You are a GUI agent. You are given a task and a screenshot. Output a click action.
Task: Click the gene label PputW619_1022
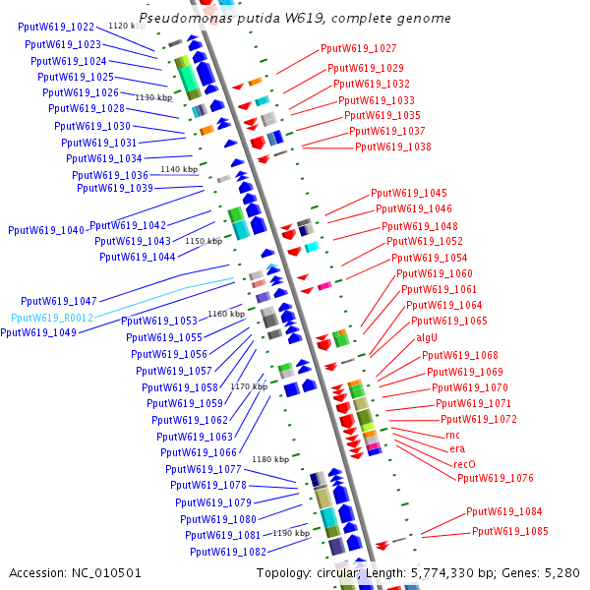click(56, 28)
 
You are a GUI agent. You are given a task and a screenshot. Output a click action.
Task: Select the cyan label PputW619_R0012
click(52, 318)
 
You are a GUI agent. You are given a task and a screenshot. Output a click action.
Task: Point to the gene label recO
click(464, 463)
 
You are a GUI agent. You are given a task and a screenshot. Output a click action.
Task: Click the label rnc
click(452, 435)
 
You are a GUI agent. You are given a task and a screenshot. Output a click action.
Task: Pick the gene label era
click(457, 448)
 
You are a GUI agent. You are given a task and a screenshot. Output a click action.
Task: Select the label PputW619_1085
click(510, 531)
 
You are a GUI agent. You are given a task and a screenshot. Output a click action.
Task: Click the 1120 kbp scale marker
click(126, 26)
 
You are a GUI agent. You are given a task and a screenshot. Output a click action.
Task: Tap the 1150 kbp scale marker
click(203, 241)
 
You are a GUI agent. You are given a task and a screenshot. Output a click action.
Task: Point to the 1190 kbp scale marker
click(290, 533)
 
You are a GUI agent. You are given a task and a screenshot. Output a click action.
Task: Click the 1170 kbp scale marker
click(248, 386)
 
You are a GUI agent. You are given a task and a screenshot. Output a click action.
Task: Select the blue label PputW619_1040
click(46, 230)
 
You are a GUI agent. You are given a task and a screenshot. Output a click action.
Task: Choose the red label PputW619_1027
click(358, 49)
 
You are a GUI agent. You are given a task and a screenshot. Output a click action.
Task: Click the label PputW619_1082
click(228, 552)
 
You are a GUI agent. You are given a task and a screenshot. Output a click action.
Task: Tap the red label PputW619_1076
click(495, 478)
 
